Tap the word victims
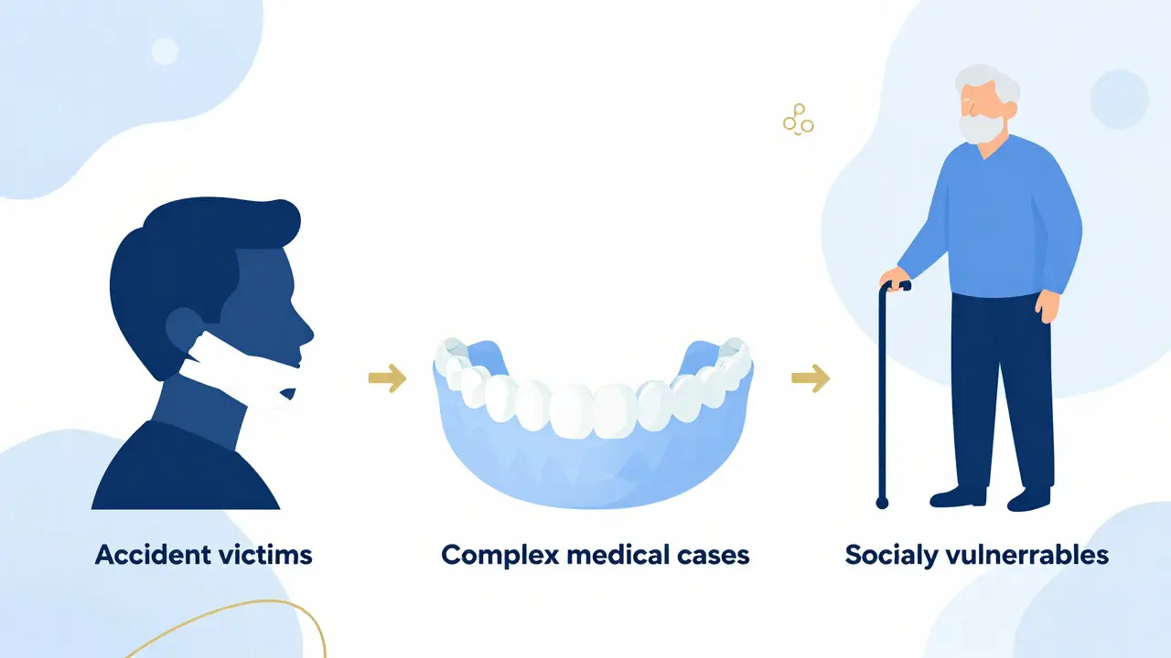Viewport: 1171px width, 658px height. [x=265, y=555]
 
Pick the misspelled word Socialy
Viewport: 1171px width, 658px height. [x=892, y=556]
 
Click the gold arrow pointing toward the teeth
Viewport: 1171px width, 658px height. [x=387, y=378]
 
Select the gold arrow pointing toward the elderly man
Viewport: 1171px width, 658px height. [x=811, y=378]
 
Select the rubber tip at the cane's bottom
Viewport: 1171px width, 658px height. [x=882, y=503]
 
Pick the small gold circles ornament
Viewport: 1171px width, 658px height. [x=799, y=120]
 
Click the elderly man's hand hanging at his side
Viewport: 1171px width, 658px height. [x=1047, y=305]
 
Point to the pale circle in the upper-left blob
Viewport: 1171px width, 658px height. [x=166, y=51]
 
